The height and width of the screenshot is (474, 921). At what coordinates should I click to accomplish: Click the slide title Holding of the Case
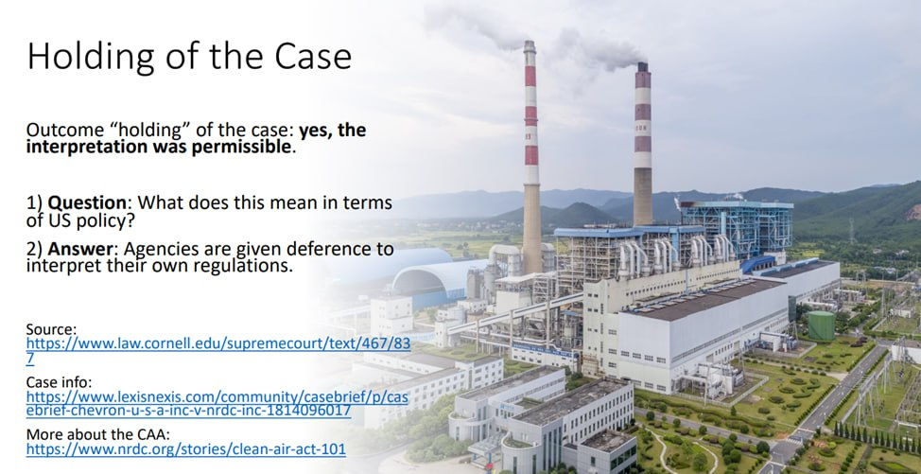click(x=189, y=57)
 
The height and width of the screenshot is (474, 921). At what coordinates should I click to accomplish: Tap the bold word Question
click(x=87, y=203)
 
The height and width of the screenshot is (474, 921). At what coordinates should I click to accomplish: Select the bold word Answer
click(x=79, y=250)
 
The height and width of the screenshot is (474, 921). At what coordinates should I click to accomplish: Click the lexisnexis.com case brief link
click(x=217, y=404)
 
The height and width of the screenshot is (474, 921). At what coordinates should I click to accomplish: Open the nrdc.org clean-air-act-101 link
click(x=186, y=450)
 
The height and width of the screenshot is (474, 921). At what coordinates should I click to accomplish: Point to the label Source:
click(x=52, y=329)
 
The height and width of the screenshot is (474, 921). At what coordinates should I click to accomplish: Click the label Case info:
click(x=60, y=382)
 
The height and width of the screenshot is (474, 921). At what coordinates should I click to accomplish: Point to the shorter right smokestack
click(x=643, y=144)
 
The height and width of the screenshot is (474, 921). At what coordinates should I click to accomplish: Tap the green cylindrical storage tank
click(x=821, y=326)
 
